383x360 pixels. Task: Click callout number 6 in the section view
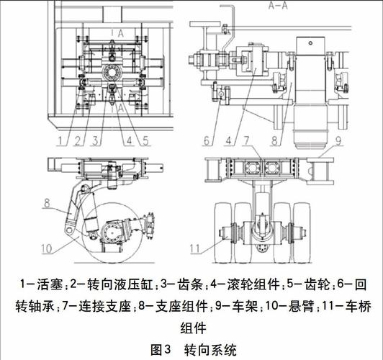(x=206, y=139)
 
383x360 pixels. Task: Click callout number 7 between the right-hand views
(x=246, y=139)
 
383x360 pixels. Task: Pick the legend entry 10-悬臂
(x=295, y=306)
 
